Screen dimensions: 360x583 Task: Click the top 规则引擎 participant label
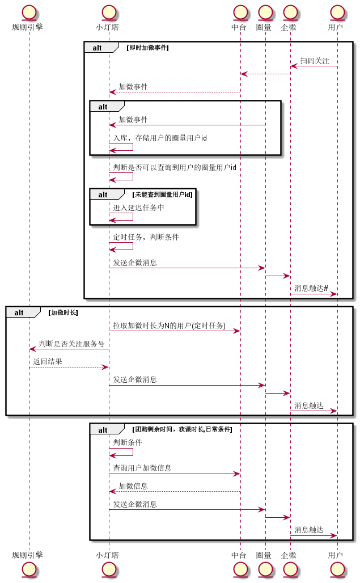[x=27, y=27]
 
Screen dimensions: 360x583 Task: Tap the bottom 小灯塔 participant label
[x=107, y=555]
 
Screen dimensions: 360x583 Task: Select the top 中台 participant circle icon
[x=240, y=12]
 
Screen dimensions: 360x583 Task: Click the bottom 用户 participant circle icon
[x=337, y=569]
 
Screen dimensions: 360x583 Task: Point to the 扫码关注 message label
[x=315, y=61]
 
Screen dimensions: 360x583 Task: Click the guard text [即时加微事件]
[x=147, y=48]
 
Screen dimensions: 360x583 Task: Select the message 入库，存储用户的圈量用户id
[x=160, y=138]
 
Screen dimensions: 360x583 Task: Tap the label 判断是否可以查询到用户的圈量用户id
[x=175, y=167]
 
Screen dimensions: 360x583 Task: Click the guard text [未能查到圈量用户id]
[x=162, y=195]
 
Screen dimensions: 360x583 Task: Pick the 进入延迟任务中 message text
[x=138, y=208]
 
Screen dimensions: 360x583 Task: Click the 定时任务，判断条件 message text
[x=146, y=237]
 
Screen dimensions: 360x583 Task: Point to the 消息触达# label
[x=311, y=288]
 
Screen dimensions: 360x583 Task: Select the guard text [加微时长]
[x=63, y=312]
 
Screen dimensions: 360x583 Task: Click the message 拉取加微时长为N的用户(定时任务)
[x=170, y=326]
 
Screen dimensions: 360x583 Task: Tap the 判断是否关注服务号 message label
[x=71, y=344]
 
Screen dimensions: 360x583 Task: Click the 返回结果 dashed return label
[x=48, y=361]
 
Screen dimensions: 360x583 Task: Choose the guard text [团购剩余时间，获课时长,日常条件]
[x=182, y=429]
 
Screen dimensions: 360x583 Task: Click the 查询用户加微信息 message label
[x=142, y=468]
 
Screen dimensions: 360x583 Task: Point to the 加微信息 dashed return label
[x=133, y=486]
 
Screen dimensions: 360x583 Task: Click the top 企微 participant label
[x=289, y=27]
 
